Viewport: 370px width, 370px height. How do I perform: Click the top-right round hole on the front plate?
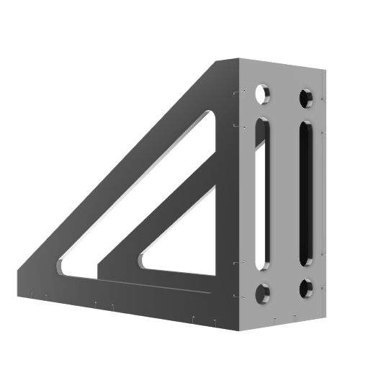pyautogui.click(x=306, y=96)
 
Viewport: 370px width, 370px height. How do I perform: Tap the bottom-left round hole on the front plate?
pyautogui.click(x=262, y=292)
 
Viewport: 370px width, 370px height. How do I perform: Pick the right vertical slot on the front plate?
pyautogui.click(x=306, y=192)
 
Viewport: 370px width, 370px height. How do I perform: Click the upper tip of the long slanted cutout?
pyautogui.click(x=210, y=115)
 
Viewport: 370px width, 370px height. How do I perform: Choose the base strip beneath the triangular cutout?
pyautogui.click(x=180, y=284)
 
